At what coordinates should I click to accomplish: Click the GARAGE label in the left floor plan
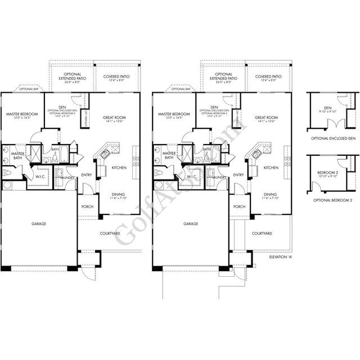coord(38,223)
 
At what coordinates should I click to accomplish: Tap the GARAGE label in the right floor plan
coord(191,223)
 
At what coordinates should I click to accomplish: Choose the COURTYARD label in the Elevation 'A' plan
coord(262,233)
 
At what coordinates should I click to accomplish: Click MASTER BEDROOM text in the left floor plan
coord(21,114)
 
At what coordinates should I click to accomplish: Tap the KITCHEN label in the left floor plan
coord(119,168)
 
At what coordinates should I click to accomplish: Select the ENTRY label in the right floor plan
coord(238,175)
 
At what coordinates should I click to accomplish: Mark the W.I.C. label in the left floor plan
coord(40,178)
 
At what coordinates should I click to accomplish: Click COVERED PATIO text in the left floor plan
coord(115,76)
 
